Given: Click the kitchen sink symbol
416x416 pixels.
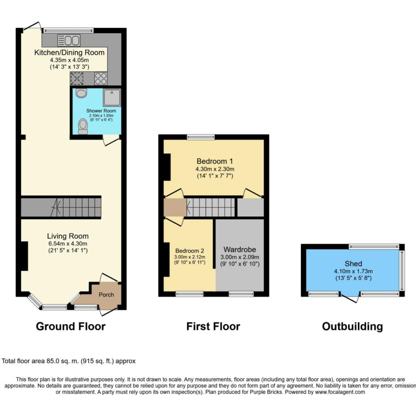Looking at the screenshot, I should click(69, 40).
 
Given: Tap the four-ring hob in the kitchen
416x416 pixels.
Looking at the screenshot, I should click(101, 78).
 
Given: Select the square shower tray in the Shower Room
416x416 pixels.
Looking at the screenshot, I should click(112, 97).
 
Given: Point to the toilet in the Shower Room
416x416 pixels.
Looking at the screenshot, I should click(83, 126).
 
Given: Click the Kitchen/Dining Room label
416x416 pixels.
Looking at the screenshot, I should click(69, 52).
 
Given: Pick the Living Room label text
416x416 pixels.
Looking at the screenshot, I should click(68, 236).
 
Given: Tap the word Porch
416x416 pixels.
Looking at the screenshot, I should click(106, 294).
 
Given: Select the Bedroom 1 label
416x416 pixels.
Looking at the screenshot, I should click(214, 161).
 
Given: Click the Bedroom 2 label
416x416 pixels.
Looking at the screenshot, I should click(190, 251).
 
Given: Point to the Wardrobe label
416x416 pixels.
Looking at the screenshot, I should click(240, 250).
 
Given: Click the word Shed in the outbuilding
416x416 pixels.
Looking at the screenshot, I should click(353, 264).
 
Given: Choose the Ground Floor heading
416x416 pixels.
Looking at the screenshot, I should click(70, 326).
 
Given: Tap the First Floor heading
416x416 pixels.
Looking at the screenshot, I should click(213, 326).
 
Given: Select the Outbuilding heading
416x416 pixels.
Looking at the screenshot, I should click(352, 326).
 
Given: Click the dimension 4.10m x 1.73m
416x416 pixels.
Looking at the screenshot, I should click(353, 271).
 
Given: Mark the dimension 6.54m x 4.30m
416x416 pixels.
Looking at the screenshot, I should click(68, 244).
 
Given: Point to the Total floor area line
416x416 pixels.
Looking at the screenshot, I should click(68, 361).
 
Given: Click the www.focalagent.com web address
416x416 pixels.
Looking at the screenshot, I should click(340, 392).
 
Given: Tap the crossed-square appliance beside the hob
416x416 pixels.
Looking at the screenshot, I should click(77, 78).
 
